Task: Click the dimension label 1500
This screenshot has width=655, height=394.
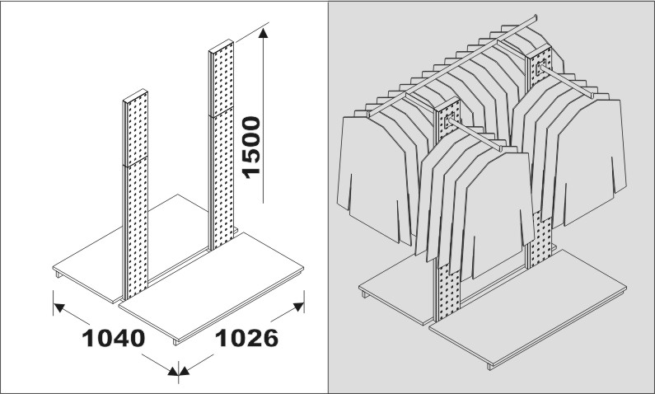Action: point(251,147)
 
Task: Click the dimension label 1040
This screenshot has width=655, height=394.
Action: point(114,338)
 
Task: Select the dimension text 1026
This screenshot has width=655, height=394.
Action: point(246,338)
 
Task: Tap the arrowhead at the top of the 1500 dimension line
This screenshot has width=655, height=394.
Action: point(263,33)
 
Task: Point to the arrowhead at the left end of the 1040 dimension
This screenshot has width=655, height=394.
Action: point(59,307)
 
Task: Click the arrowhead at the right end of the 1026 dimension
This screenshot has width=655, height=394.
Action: point(298,307)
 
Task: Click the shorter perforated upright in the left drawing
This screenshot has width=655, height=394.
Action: point(135,195)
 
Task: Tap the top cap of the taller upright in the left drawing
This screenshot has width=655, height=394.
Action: point(221,46)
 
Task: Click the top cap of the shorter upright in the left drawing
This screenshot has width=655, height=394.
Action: point(135,96)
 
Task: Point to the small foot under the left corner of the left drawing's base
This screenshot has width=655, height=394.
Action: point(58,274)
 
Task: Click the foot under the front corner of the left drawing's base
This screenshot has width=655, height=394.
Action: point(175,342)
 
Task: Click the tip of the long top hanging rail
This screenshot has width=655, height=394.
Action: point(536,17)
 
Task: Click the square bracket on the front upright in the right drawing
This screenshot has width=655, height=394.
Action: point(450,120)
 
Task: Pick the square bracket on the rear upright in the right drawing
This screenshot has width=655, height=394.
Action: point(540,66)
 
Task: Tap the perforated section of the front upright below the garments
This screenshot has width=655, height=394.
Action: point(447,293)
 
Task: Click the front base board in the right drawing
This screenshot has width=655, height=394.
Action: point(527,308)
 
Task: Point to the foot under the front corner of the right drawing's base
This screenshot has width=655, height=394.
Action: point(489,367)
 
